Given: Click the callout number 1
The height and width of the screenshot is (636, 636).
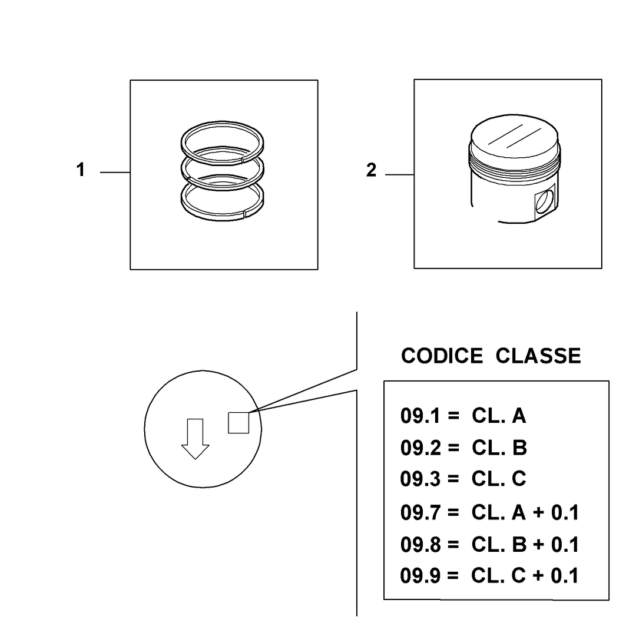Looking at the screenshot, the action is click(80, 170).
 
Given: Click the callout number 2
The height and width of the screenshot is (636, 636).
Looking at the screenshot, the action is click(371, 170).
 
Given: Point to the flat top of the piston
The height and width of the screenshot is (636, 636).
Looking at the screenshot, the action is click(514, 136).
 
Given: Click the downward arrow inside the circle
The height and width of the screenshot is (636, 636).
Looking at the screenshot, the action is click(195, 439).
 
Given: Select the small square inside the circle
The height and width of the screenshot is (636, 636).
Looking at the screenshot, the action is click(238, 423).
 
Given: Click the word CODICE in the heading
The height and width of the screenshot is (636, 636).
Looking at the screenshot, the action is click(442, 356).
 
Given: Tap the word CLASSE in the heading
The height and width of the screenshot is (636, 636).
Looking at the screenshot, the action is click(538, 356).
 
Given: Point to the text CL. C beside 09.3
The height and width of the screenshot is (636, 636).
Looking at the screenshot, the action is click(499, 479).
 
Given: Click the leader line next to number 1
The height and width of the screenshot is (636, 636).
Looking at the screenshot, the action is click(115, 173).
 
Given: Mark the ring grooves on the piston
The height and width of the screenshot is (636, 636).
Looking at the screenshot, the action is click(515, 163).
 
